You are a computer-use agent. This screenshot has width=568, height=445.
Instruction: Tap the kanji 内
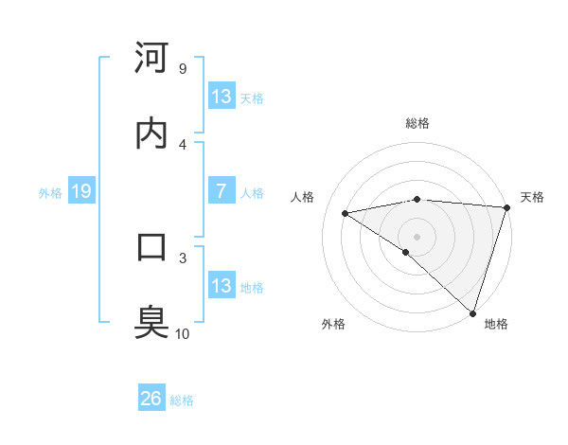tap(152, 133)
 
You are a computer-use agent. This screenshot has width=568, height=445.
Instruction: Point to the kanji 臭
tap(152, 322)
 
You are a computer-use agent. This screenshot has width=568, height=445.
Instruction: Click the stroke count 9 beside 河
tap(182, 68)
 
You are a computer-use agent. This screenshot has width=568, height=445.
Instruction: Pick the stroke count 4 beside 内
tap(182, 144)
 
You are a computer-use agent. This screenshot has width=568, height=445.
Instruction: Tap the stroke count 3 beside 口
tap(182, 257)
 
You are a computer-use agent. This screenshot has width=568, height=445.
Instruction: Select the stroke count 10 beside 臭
tap(183, 333)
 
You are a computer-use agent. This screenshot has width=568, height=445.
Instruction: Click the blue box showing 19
tap(80, 192)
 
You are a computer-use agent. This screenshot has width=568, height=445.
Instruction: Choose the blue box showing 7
tap(221, 191)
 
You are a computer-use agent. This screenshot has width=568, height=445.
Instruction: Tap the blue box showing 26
tap(151, 399)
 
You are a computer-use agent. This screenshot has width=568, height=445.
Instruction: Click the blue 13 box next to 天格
tap(221, 97)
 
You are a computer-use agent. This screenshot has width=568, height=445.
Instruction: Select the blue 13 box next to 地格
tap(221, 286)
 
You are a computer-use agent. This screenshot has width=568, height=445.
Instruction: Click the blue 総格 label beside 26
tap(182, 400)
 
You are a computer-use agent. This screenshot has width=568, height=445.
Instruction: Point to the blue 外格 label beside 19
tap(50, 193)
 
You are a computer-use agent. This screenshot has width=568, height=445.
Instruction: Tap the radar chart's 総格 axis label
tap(417, 123)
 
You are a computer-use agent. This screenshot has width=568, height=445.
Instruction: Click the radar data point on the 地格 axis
tap(472, 312)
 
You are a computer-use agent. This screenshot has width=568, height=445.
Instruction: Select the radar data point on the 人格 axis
tap(346, 213)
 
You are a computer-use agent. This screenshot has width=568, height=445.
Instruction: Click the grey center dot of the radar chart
tap(417, 236)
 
